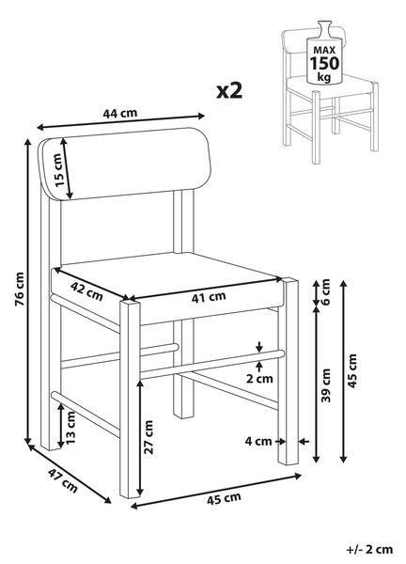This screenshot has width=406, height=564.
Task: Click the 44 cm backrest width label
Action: [120, 113]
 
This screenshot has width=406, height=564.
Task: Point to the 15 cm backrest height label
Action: [58, 170]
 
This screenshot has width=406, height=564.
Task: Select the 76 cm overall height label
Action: [20, 290]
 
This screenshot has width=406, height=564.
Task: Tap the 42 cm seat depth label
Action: [86, 290]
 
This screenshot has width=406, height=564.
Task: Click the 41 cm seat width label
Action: [209, 297]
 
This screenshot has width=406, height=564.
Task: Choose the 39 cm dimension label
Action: [325, 384]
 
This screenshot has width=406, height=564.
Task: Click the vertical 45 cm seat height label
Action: [352, 371]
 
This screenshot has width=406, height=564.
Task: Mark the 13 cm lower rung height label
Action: [70, 428]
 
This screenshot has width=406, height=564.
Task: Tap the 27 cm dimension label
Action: [148, 437]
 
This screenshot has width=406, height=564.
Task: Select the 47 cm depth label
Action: [63, 480]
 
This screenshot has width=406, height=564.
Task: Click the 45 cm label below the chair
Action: [224, 499]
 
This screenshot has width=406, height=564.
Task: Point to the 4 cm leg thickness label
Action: [258, 441]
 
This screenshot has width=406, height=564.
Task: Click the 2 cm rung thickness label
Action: [259, 379]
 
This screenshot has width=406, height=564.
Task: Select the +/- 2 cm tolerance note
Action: [369, 549]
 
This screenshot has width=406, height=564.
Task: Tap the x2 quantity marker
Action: [230, 90]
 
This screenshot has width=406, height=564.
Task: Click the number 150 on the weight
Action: [324, 63]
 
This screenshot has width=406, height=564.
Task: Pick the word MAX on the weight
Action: [324, 50]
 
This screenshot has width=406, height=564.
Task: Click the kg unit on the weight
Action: [324, 77]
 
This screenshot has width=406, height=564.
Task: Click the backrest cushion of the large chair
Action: [125, 164]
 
